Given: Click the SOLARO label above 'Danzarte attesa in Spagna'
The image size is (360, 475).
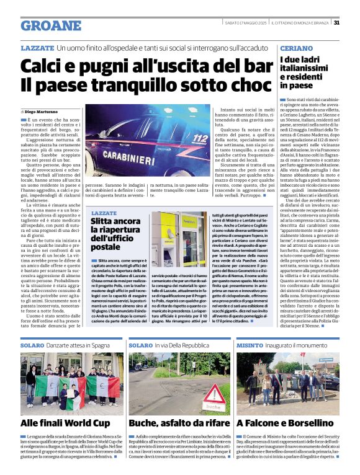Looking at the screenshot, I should coord(32,344).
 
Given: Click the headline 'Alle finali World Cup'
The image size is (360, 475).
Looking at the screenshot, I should coord(65,423).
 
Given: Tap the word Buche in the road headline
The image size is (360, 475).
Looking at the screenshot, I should coord(145,423).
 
